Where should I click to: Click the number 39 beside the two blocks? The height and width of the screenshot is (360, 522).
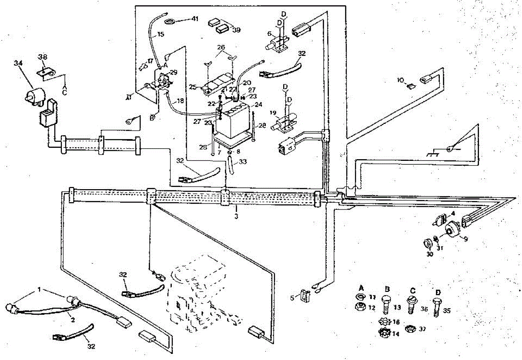click(x=236, y=30)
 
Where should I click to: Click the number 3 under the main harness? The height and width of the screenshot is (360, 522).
click(x=236, y=215)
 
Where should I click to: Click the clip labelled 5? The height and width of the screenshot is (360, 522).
click(x=304, y=296)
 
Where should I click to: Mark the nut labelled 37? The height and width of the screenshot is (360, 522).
click(x=409, y=329)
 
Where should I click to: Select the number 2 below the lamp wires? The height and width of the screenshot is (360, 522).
click(x=73, y=320)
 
